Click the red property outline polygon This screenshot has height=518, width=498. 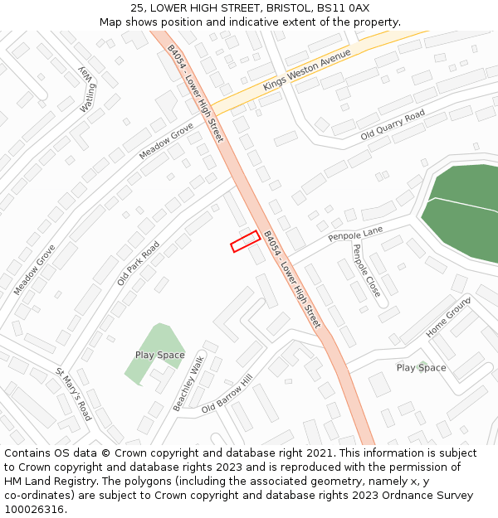pyautogui.click(x=245, y=241)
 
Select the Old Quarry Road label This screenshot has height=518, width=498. pyautogui.click(x=393, y=124)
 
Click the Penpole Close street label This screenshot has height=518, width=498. pyautogui.click(x=367, y=271)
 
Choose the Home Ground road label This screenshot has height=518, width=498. pyautogui.click(x=449, y=316)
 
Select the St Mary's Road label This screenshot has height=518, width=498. pyautogui.click(x=73, y=395)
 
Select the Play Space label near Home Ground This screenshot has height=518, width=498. pyautogui.click(x=421, y=368)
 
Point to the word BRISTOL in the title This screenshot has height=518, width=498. pyautogui.click(x=288, y=7)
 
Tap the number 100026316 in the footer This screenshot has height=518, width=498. pyautogui.click(x=34, y=510)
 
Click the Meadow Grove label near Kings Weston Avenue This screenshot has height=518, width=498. pyautogui.click(x=165, y=141)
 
